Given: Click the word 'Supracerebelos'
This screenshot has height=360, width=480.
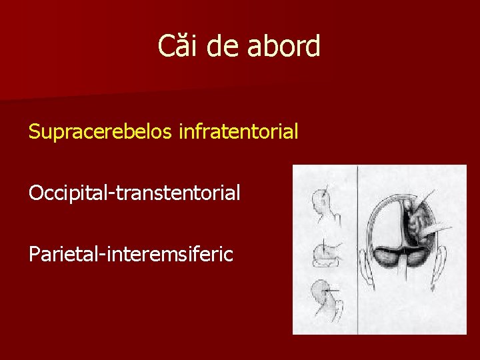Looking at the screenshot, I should [x=101, y=132].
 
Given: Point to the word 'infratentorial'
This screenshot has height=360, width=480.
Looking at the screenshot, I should [x=238, y=132].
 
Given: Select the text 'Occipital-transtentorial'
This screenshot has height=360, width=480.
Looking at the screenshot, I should [x=134, y=193].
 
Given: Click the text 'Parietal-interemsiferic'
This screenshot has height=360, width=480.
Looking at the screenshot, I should [x=131, y=254].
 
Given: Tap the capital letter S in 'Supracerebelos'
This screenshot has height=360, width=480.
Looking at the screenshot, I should [x=34, y=132].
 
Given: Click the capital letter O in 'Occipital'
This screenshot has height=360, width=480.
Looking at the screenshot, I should [x=35, y=193].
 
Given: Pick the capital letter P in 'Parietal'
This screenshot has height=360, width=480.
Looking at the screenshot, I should [x=33, y=254].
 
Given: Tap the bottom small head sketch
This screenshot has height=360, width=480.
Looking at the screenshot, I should [x=326, y=297].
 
